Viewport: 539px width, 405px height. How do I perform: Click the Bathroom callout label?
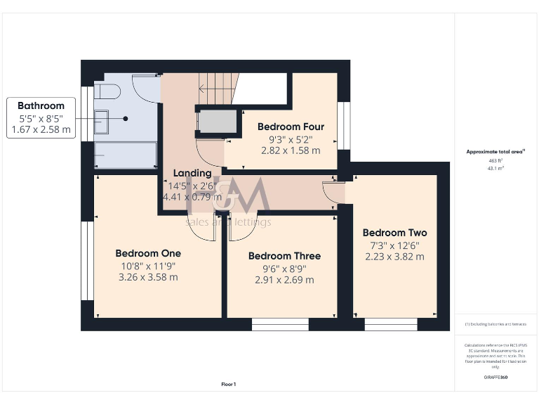(41, 106)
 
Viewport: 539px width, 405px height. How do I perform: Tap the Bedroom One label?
(148, 253)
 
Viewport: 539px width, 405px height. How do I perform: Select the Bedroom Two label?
(394, 233)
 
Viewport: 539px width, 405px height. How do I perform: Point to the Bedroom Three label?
(284, 256)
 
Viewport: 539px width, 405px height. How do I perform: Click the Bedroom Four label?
(291, 127)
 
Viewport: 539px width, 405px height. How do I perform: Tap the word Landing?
(192, 173)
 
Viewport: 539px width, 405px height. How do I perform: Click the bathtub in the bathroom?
(125, 155)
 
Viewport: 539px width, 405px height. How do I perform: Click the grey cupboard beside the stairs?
(217, 122)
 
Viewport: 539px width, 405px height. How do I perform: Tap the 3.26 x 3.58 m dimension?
(148, 277)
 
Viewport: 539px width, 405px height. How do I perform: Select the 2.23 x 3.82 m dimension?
(394, 257)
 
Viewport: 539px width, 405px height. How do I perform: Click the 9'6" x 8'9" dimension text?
(284, 268)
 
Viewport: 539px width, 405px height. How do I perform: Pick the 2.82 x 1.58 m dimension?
(291, 150)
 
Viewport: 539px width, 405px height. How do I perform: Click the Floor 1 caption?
(229, 385)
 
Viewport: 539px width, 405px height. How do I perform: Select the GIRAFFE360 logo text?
(495, 378)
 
